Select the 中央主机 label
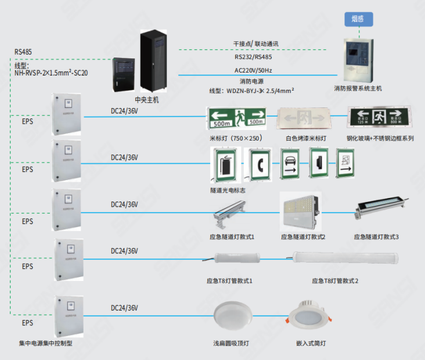point(146,100)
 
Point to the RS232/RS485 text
point(253,57)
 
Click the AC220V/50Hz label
point(253,70)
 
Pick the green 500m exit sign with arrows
point(236,117)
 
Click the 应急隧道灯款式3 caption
point(376,237)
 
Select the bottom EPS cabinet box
point(69,314)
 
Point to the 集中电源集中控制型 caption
point(46,343)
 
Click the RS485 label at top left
point(23,52)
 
